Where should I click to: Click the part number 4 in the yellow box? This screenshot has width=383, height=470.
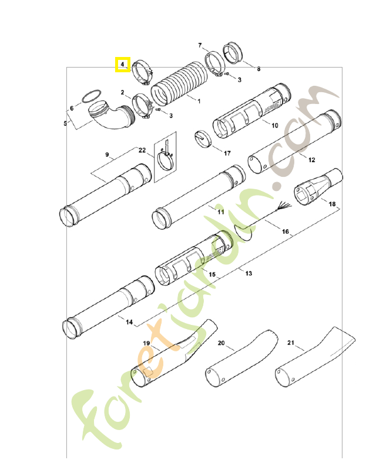(x=122, y=63)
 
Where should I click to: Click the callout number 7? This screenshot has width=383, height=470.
(x=200, y=45)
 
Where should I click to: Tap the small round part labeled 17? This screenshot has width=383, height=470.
(x=202, y=139)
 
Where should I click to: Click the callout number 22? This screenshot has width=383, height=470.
(x=142, y=150)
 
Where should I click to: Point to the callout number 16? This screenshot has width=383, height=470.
(x=286, y=232)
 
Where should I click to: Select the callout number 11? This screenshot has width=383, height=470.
(x=220, y=211)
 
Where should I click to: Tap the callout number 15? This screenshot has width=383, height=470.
(x=212, y=274)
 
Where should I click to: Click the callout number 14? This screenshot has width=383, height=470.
(x=129, y=322)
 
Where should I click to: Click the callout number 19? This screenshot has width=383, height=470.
(x=147, y=342)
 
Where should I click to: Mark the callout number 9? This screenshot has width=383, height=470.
(x=107, y=155)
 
